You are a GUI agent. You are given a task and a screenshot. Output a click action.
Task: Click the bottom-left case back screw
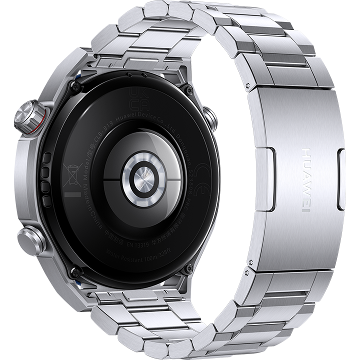click(x=76, y=272)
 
